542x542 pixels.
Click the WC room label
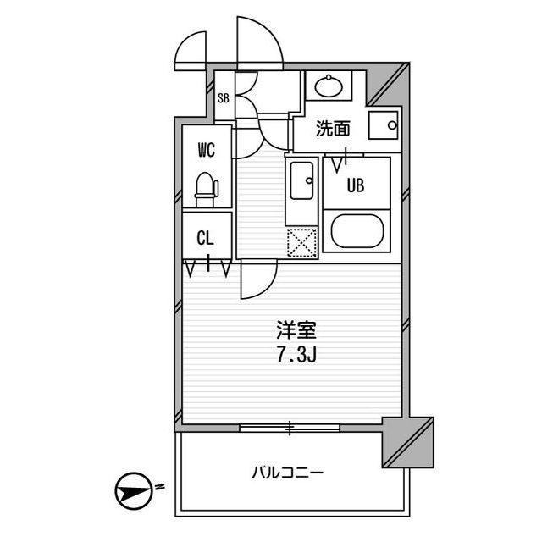[207, 150]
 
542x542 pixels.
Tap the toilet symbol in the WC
[207, 190]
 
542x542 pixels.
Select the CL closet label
[205, 238]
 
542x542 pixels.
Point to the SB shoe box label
[224, 98]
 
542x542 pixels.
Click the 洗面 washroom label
[333, 129]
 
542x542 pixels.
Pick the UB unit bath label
[356, 185]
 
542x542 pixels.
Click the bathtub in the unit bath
[357, 231]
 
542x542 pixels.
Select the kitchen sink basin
[301, 180]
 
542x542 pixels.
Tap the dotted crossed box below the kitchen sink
[302, 243]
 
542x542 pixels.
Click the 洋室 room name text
[296, 329]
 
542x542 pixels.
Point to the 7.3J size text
[296, 355]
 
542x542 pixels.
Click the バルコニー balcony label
[288, 472]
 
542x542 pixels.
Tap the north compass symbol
[134, 491]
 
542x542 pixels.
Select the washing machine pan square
[384, 125]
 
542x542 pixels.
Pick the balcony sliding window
[290, 428]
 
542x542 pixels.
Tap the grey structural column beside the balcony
[408, 442]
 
